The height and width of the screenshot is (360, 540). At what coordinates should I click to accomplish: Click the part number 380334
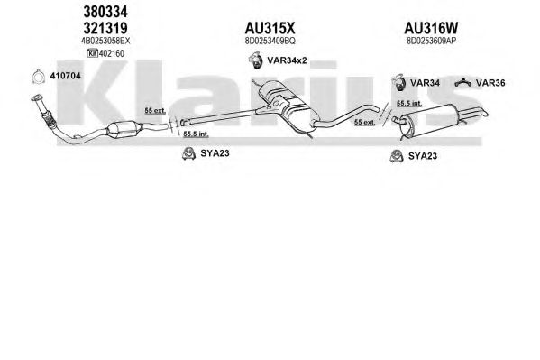[x=105, y=12]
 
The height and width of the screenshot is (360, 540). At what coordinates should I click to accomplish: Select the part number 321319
[x=105, y=28]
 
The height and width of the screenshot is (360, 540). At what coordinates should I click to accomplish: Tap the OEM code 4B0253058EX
[x=105, y=41]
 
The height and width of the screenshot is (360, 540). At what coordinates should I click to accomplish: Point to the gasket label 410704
[x=66, y=76]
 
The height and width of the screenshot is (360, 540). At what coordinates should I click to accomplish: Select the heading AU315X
[x=270, y=28]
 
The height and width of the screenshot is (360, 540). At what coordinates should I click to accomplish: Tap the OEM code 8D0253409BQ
[x=270, y=41]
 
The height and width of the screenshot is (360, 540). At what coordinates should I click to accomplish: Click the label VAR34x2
[x=287, y=60]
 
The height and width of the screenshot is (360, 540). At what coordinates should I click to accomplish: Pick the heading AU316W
[x=431, y=28]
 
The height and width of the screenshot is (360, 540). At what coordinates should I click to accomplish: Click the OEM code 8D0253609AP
[x=431, y=41]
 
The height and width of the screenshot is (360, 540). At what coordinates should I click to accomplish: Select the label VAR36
[x=490, y=83]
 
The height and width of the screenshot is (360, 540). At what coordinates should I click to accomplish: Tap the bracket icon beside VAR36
[x=462, y=82]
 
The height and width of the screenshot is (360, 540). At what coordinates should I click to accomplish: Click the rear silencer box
[x=431, y=118]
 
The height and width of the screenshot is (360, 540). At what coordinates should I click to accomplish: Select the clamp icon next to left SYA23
[x=188, y=153]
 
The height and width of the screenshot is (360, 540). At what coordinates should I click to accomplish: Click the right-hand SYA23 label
[x=423, y=156]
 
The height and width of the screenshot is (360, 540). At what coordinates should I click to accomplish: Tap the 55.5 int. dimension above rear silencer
[x=409, y=103]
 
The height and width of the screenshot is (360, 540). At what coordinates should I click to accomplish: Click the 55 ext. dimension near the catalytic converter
[x=155, y=110]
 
